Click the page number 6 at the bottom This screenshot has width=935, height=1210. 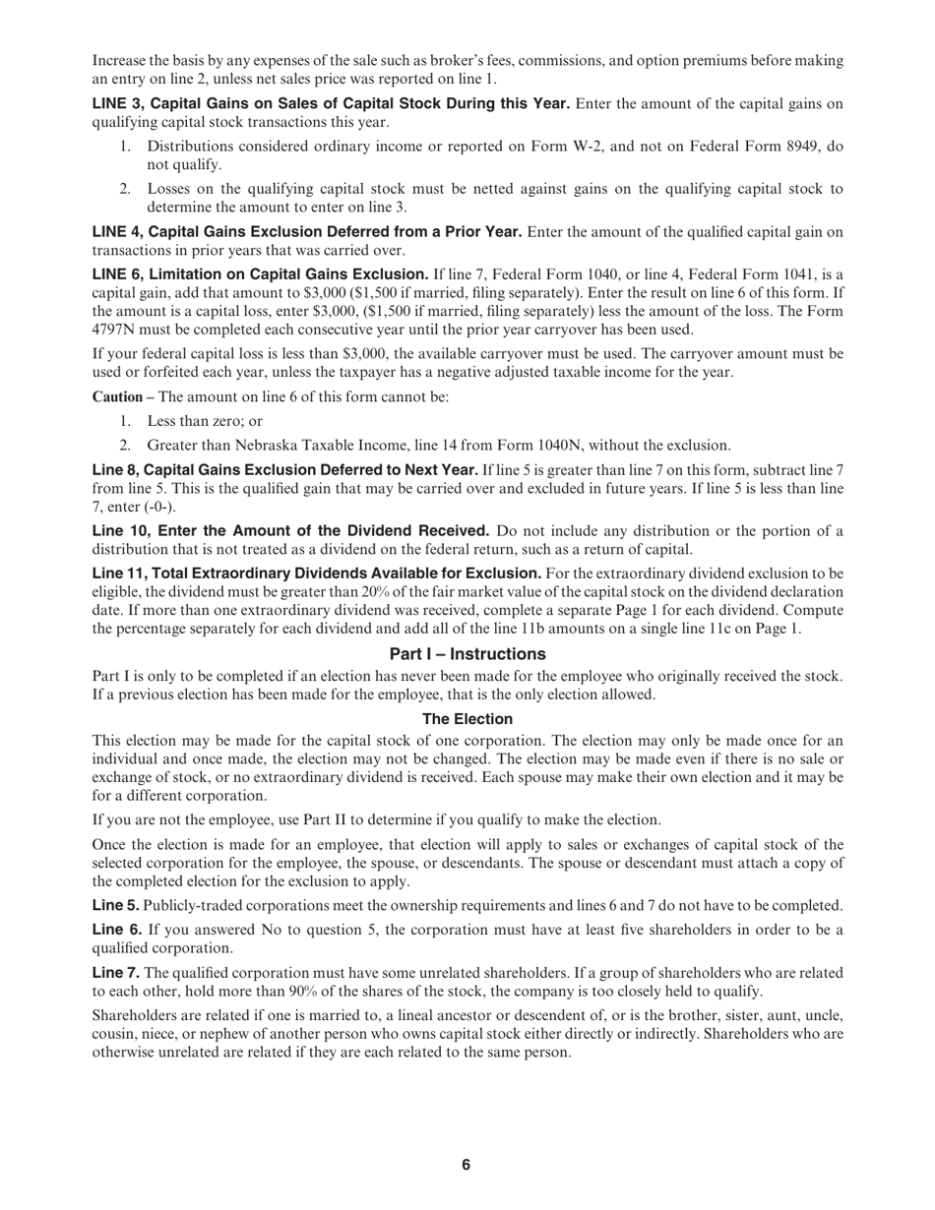click(x=467, y=1165)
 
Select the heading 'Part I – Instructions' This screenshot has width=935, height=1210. click(x=467, y=654)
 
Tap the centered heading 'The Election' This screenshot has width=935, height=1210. click(x=467, y=719)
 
